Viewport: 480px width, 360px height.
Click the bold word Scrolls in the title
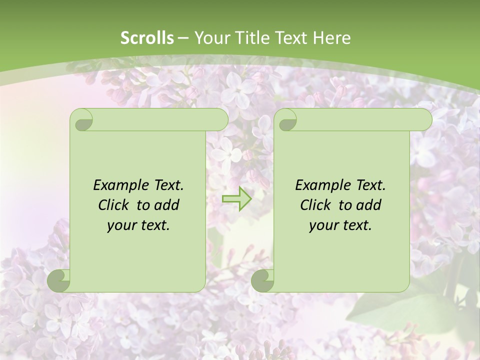[147, 37]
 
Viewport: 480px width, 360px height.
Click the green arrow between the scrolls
[236, 198]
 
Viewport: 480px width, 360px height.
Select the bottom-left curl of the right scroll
[263, 280]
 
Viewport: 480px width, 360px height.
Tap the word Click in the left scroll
[114, 205]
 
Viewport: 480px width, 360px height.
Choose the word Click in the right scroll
[315, 205]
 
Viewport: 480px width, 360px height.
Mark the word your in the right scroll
[324, 226]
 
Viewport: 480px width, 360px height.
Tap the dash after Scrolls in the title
[183, 38]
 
